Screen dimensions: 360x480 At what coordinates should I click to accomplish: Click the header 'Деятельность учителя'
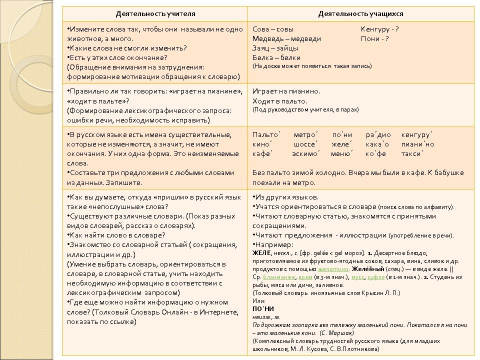(x=155, y=13)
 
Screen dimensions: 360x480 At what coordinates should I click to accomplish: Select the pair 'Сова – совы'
(x=273, y=29)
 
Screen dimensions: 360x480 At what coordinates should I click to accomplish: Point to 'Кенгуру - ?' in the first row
(x=379, y=29)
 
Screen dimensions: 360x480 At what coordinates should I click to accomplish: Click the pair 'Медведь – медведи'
(x=286, y=38)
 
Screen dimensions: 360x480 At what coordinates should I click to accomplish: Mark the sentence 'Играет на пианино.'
(x=286, y=91)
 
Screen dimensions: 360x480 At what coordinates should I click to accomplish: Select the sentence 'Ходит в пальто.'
(x=279, y=101)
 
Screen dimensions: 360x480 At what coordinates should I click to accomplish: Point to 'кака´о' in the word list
(x=377, y=144)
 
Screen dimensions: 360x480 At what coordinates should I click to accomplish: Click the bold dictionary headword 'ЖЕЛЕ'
(x=261, y=253)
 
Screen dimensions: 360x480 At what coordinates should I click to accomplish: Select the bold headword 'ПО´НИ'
(x=263, y=309)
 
